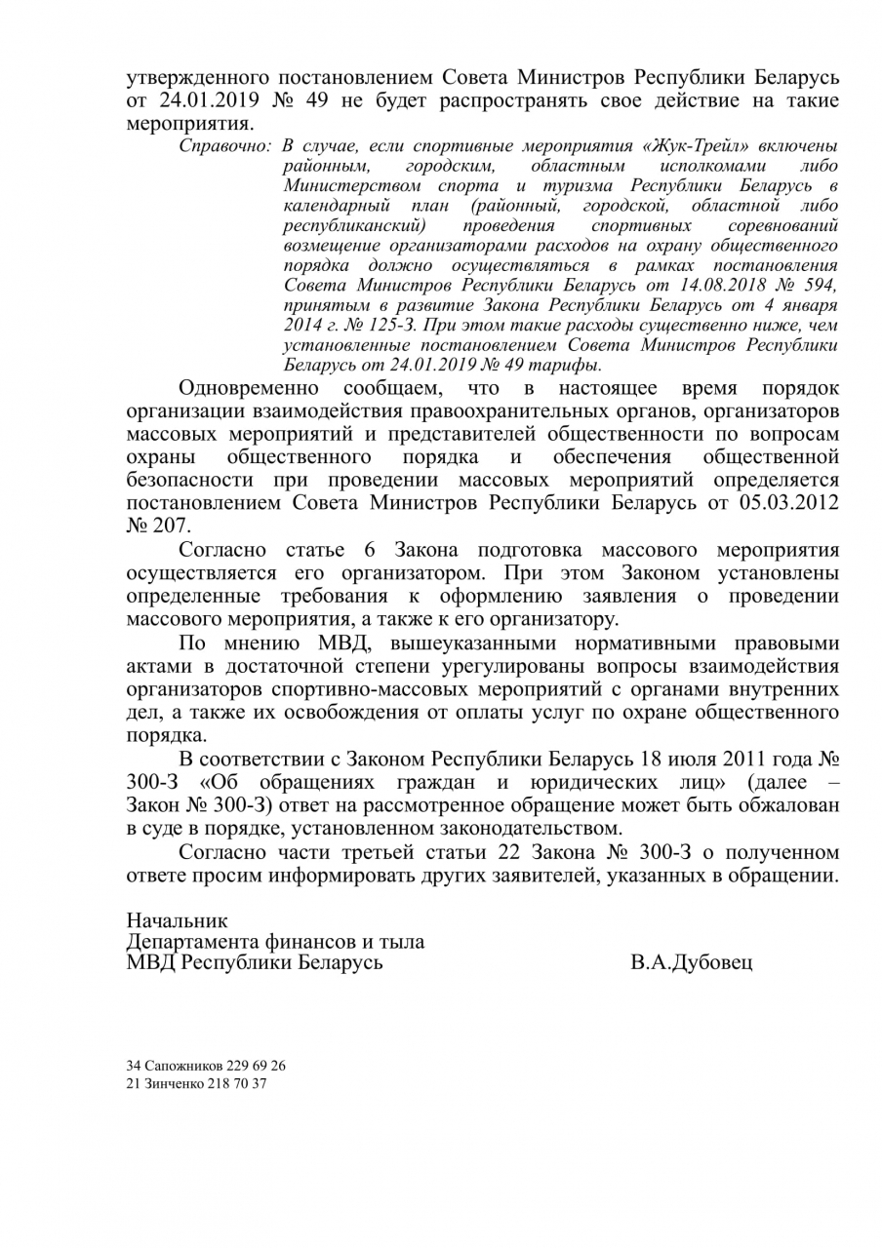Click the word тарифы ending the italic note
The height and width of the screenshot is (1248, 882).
(568, 366)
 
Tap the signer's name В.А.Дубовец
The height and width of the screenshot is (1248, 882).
(692, 964)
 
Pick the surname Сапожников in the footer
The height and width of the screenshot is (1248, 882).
(182, 1066)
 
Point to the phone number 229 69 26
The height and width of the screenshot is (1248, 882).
(256, 1066)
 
